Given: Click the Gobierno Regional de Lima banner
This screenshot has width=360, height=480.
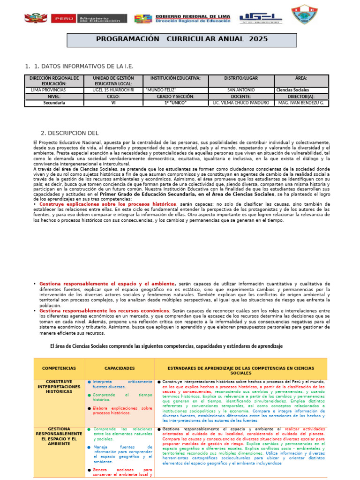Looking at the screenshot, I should (x=183, y=18).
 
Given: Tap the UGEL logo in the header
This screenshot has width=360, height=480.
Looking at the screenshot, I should (x=261, y=18).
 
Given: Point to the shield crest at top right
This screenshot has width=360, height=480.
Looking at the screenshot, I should (x=300, y=15).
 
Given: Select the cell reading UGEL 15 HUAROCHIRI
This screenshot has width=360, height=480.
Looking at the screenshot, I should (x=113, y=90).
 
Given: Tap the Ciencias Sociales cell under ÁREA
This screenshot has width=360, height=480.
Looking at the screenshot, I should (x=293, y=90).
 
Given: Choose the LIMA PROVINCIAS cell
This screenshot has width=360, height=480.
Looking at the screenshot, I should (x=48, y=90).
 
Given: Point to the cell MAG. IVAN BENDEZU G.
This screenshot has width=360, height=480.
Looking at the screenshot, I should (x=301, y=102).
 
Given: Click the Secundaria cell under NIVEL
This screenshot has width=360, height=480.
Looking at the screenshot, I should (x=54, y=102).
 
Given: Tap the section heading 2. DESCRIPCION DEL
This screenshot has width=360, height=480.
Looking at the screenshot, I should (x=70, y=133).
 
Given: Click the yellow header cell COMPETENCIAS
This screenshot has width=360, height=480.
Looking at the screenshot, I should (x=59, y=368).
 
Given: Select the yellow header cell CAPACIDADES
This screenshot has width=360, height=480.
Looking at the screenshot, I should (x=120, y=368).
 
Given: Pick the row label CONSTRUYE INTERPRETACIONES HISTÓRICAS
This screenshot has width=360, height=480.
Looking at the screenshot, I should (x=59, y=386).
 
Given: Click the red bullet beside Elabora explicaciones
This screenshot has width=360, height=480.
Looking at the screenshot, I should (x=90, y=408).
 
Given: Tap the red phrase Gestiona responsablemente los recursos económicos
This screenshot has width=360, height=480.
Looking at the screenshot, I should (x=104, y=311).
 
